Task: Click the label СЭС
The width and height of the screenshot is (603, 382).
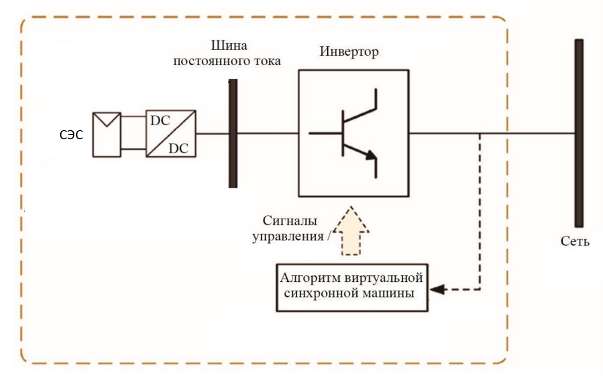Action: click(x=71, y=135)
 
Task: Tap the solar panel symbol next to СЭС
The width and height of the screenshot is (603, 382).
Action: click(x=107, y=135)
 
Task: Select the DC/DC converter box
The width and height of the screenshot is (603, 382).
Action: click(x=171, y=133)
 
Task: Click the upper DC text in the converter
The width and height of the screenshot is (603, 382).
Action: click(x=160, y=121)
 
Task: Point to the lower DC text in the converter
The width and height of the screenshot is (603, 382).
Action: click(x=178, y=148)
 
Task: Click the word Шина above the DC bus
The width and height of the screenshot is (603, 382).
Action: click(x=229, y=46)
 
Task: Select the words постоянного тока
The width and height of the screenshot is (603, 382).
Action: click(x=227, y=61)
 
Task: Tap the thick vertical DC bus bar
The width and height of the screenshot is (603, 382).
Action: click(x=233, y=133)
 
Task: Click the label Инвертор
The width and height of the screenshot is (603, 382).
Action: click(x=349, y=52)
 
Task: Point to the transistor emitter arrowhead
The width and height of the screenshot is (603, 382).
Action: click(x=371, y=155)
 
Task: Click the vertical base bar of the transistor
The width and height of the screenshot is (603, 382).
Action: click(x=343, y=133)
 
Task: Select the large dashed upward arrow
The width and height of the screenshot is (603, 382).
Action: click(x=351, y=231)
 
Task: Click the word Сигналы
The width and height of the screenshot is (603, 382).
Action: click(x=290, y=221)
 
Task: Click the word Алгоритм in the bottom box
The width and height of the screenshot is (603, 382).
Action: click(x=311, y=277)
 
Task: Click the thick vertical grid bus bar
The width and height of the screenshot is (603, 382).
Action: click(x=579, y=133)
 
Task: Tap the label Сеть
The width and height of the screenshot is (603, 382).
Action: click(x=575, y=242)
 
